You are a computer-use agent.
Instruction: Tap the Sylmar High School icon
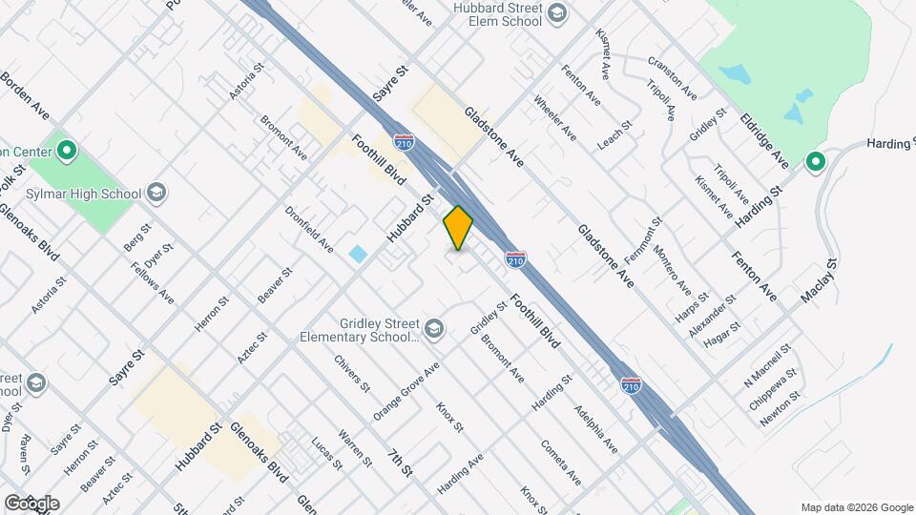pyautogui.click(x=157, y=194)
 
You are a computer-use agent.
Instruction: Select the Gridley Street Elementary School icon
pyautogui.click(x=435, y=329)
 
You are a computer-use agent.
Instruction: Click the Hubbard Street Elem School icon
pyautogui.click(x=557, y=13)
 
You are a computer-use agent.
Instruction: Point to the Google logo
pyautogui.click(x=31, y=503)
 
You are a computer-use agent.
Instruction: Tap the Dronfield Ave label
pyautogui.click(x=309, y=230)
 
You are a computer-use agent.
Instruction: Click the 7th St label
pyautogui.click(x=401, y=463)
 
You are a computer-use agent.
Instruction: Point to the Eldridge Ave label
pyautogui.click(x=765, y=141)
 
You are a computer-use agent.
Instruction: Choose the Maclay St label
pyautogui.click(x=819, y=281)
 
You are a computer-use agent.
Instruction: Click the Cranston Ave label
pyautogui.click(x=672, y=78)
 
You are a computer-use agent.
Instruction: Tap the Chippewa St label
pyautogui.click(x=771, y=388)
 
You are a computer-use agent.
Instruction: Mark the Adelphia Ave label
pyautogui.click(x=596, y=429)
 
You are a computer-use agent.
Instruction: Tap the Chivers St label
pyautogui.click(x=352, y=374)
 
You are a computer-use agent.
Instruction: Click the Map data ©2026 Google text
pyautogui.click(x=857, y=507)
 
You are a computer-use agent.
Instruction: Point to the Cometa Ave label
pyautogui.click(x=560, y=462)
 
